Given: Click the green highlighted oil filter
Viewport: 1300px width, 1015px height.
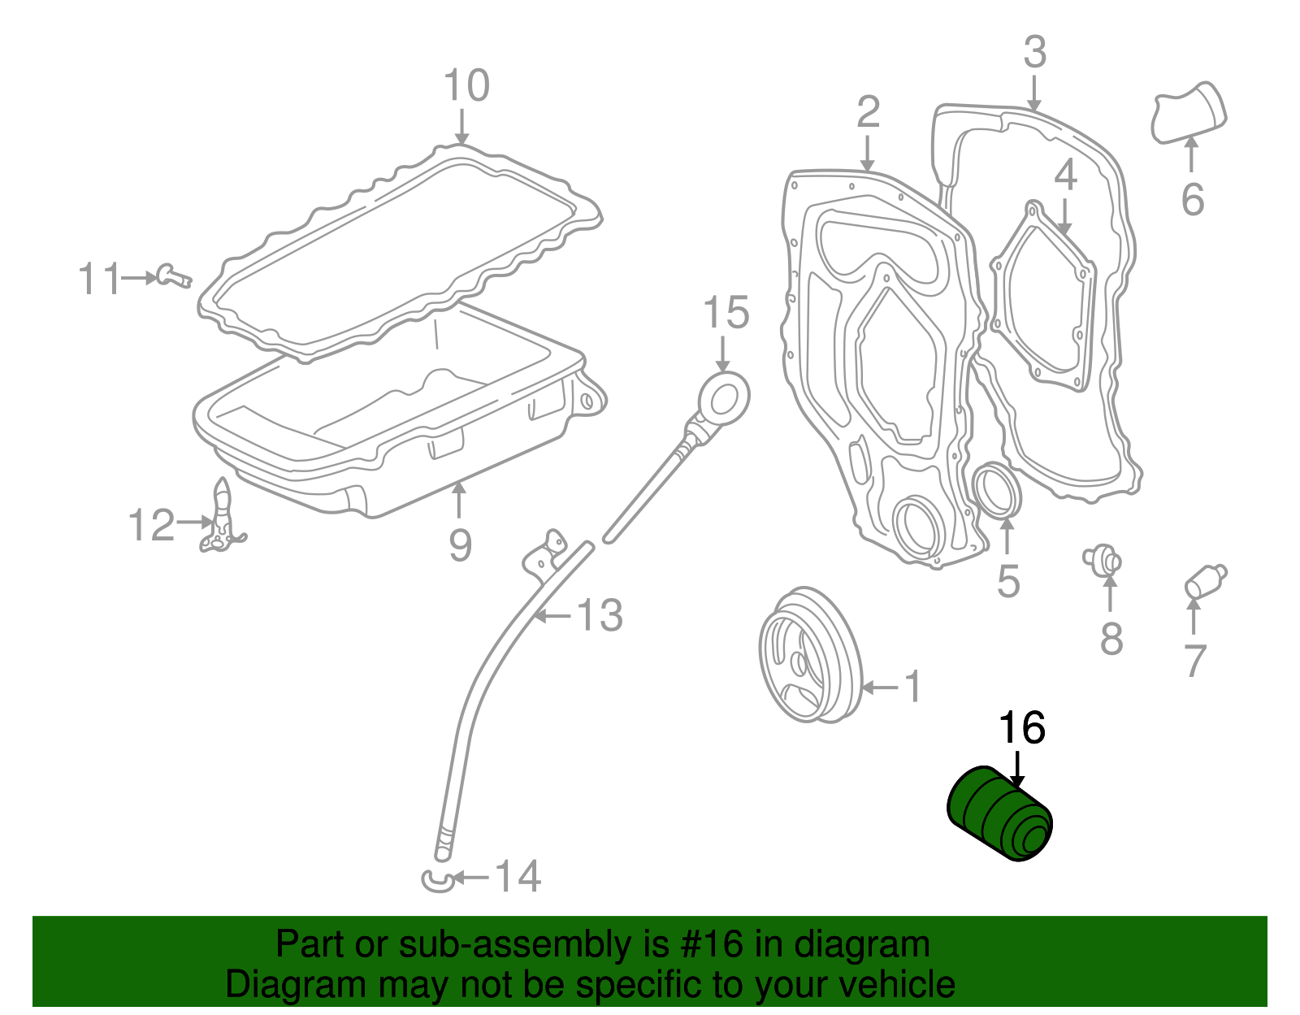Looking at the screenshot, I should click(x=1000, y=814).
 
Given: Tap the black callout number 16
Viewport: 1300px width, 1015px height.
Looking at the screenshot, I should click(x=1021, y=728).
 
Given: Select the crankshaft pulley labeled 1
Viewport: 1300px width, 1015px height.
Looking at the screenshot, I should click(x=808, y=655).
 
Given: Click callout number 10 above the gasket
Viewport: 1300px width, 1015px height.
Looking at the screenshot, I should click(x=466, y=86).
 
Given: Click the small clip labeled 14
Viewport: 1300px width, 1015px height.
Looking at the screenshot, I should click(x=438, y=879).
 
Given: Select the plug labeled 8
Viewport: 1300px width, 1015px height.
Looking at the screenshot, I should click(x=1103, y=560).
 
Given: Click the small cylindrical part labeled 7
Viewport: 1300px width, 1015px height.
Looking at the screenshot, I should click(x=1205, y=582).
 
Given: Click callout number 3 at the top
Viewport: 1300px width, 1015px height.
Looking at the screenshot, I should click(x=1034, y=53).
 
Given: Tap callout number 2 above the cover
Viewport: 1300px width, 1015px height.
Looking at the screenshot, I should click(x=868, y=112).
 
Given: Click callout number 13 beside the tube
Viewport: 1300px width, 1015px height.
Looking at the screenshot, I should click(x=600, y=616).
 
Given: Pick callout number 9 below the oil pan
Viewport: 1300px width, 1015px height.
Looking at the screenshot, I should click(x=460, y=544).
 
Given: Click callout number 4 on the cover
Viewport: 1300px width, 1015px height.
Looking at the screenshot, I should click(x=1065, y=175).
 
